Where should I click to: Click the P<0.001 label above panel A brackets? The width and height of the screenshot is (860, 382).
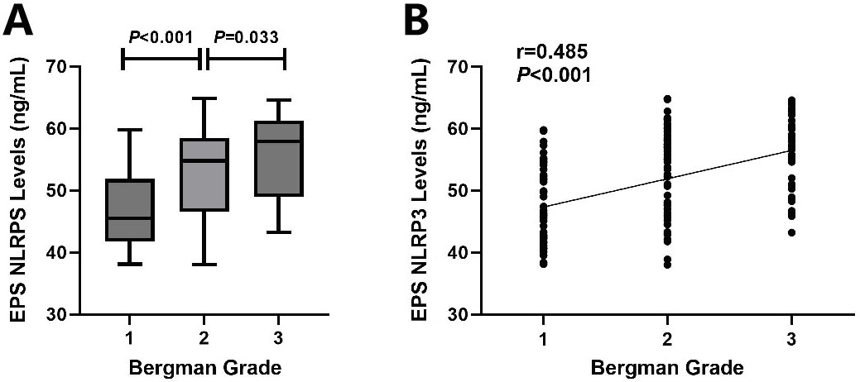pos(161,37)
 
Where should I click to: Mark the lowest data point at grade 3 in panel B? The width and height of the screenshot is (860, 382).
pos(791,232)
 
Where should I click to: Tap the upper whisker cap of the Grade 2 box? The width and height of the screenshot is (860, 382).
pos(204,98)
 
